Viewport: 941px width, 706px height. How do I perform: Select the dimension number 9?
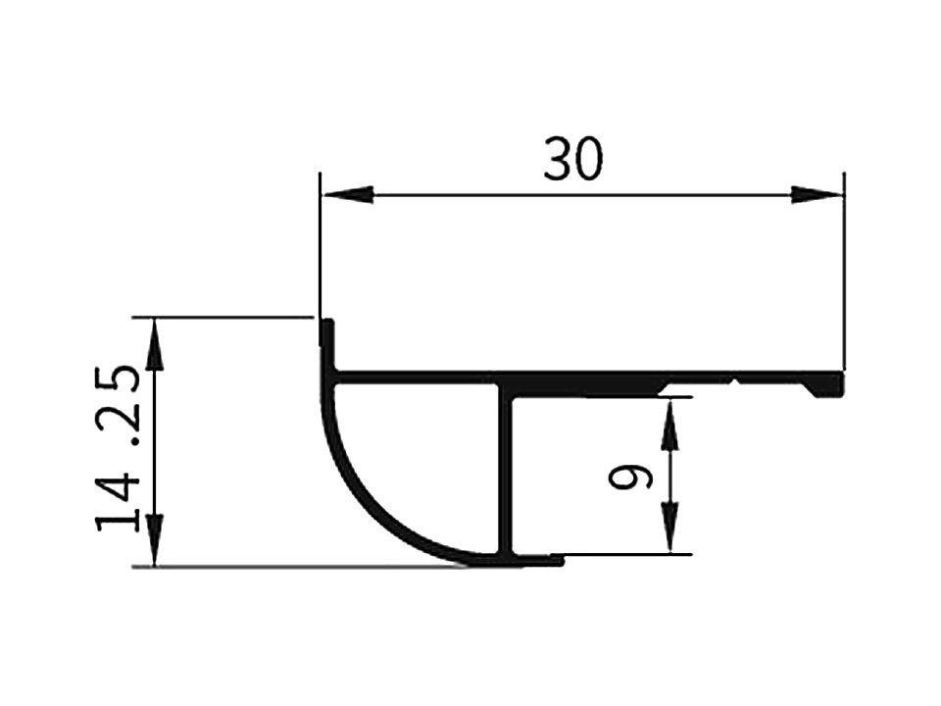[x=630, y=478]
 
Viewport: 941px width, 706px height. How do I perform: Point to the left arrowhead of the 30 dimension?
[x=347, y=195]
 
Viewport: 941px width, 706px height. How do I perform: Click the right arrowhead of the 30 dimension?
[x=817, y=195]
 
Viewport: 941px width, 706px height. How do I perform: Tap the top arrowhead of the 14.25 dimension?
[x=155, y=344]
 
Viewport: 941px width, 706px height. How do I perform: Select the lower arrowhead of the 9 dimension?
[x=669, y=527]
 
